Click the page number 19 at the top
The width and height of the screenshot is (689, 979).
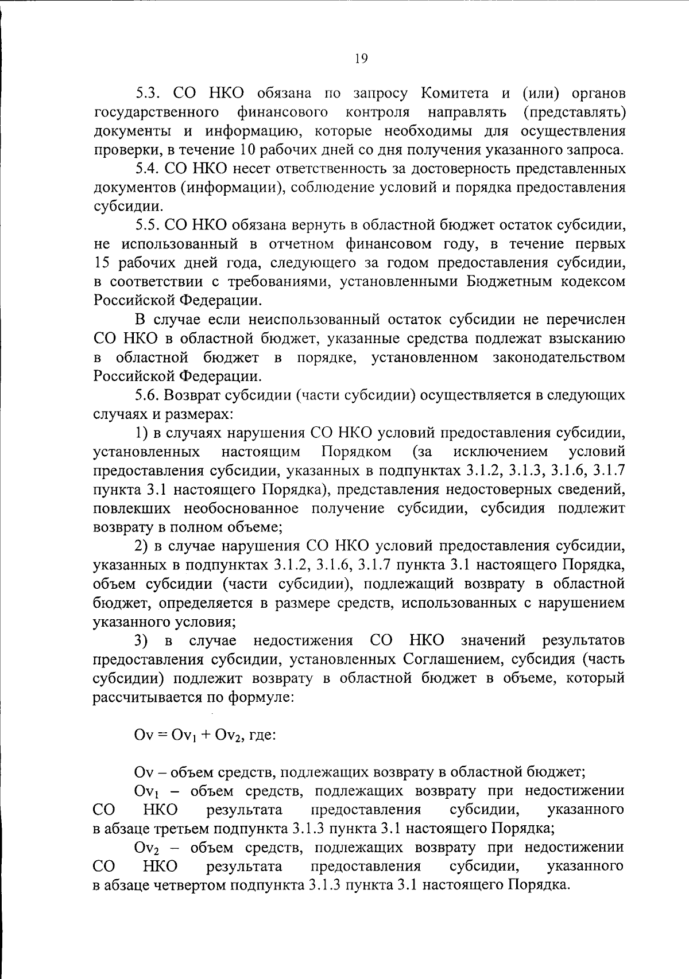pos(361,58)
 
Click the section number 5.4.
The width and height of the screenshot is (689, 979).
pos(149,169)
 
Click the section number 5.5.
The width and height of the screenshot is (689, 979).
pos(149,226)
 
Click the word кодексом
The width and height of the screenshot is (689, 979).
pos(594,282)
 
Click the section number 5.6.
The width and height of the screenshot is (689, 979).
pos(149,395)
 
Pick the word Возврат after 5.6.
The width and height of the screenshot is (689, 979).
pos(192,395)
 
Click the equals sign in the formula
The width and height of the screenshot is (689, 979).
pos(161,735)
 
